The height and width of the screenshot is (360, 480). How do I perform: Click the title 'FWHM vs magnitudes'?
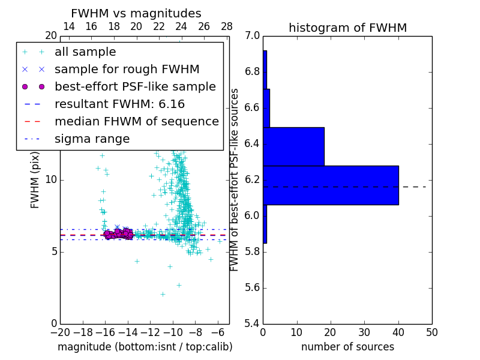[x=136, y=14]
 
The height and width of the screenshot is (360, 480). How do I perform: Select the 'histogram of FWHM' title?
[x=347, y=28]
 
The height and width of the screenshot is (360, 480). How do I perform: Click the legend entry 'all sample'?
[x=85, y=52]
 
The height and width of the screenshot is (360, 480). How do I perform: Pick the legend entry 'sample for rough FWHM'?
[x=127, y=69]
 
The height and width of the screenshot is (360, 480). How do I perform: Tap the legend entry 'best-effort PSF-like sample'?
[x=135, y=86]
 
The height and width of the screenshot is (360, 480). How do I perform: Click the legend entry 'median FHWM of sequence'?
[x=136, y=121]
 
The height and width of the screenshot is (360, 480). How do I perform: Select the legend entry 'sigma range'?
[x=92, y=139]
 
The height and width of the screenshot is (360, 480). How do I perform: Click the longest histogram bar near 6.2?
[x=331, y=185]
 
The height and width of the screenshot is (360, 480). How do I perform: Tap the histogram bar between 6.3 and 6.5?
[x=293, y=146]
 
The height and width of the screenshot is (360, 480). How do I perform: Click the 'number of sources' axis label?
[x=347, y=347]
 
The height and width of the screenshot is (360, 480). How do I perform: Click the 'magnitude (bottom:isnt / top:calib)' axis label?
[x=145, y=347]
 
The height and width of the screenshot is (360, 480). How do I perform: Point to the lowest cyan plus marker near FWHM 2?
[x=163, y=294]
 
